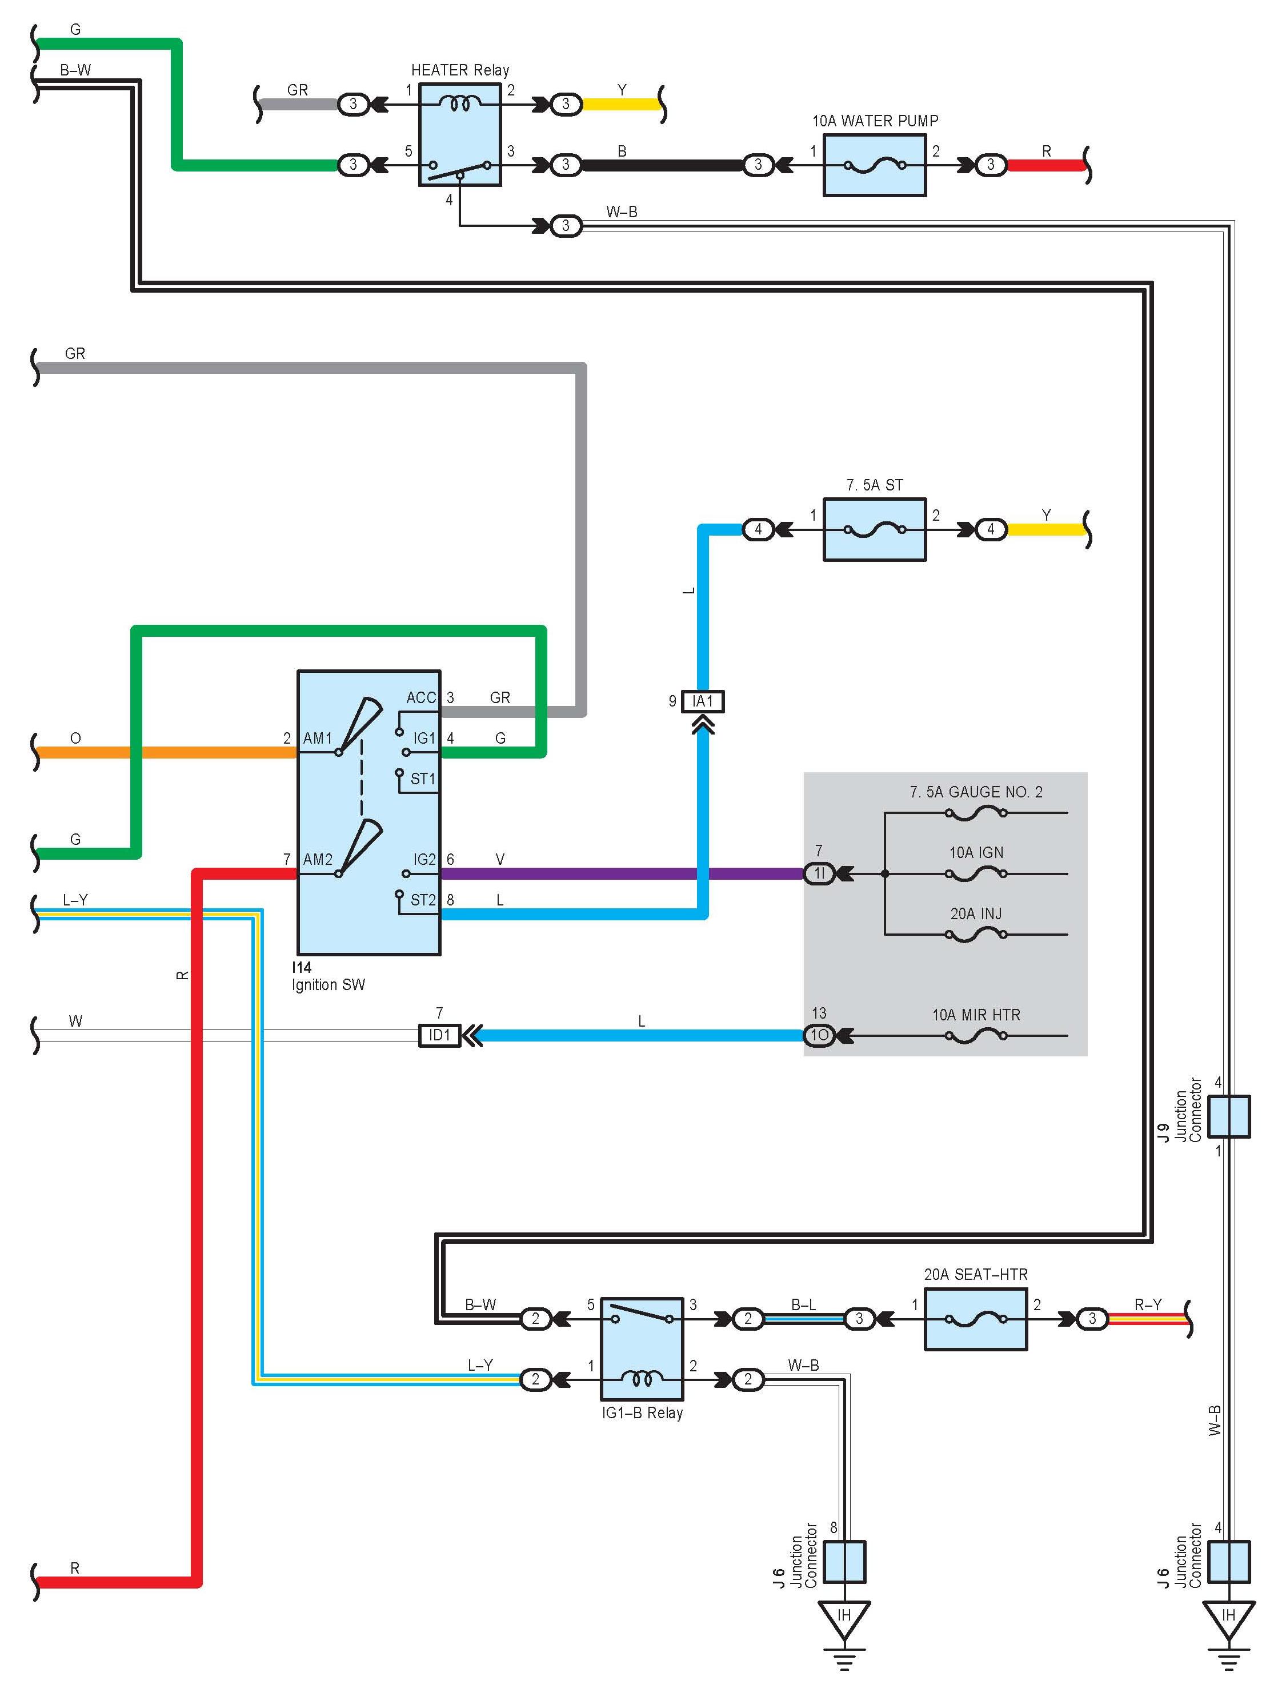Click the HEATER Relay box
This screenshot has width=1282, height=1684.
click(460, 134)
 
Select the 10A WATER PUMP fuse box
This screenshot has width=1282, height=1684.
click(875, 165)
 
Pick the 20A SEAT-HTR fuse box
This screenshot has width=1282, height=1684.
click(976, 1319)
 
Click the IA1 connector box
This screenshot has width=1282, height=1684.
click(703, 701)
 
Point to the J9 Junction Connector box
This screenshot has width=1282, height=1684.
click(1229, 1116)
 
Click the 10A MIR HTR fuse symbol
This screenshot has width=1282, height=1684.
click(976, 1036)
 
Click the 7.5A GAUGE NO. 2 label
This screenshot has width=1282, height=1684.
click(976, 792)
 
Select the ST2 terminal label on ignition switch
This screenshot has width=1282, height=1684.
click(423, 900)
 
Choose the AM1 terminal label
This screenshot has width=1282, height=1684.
click(318, 738)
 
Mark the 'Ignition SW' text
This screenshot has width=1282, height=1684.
click(328, 985)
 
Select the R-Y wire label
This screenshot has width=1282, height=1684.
click(1148, 1304)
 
